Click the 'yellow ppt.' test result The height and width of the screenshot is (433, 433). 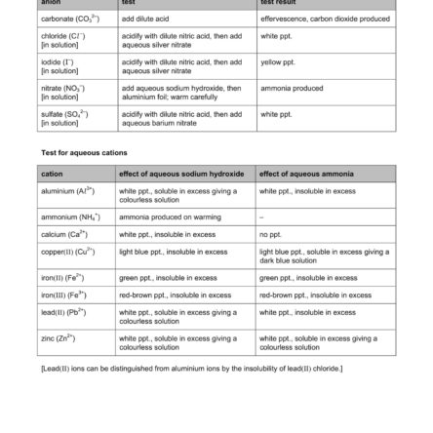click(x=294, y=61)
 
